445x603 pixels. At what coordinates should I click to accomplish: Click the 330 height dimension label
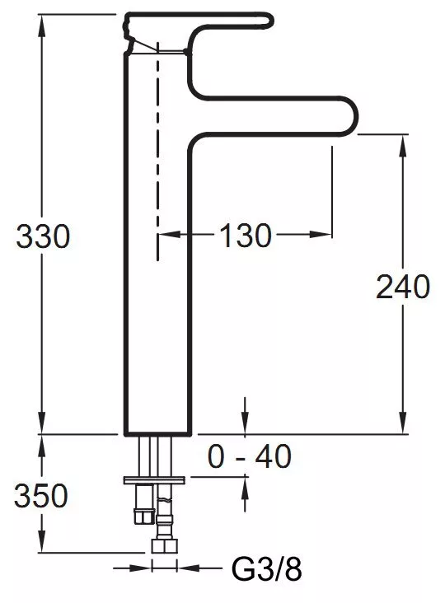coord(43,236)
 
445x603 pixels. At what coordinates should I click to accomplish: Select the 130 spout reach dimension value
coord(246,235)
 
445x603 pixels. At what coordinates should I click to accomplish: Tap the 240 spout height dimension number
coord(403,287)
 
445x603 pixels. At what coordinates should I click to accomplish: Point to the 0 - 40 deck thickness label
coord(249,456)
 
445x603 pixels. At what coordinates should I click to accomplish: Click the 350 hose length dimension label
coord(41,495)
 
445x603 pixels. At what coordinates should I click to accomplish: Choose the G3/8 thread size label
coord(266,569)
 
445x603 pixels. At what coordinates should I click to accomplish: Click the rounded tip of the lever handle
coord(269,20)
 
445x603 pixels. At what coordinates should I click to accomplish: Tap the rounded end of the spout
coord(352,115)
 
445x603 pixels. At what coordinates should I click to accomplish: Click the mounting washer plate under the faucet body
coord(154,480)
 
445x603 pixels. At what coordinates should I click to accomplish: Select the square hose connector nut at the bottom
coord(164,546)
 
